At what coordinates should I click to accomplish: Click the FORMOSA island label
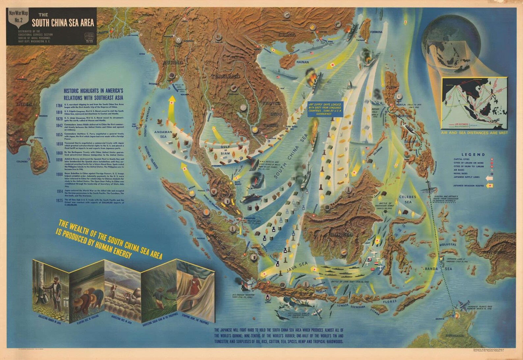tap(376, 32)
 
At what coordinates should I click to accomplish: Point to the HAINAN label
tap(303, 62)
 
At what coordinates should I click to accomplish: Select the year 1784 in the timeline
tap(59, 105)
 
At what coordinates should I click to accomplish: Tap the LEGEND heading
tap(473, 154)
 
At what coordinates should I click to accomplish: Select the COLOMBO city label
tap(22, 161)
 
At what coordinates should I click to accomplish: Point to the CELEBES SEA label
tap(407, 199)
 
